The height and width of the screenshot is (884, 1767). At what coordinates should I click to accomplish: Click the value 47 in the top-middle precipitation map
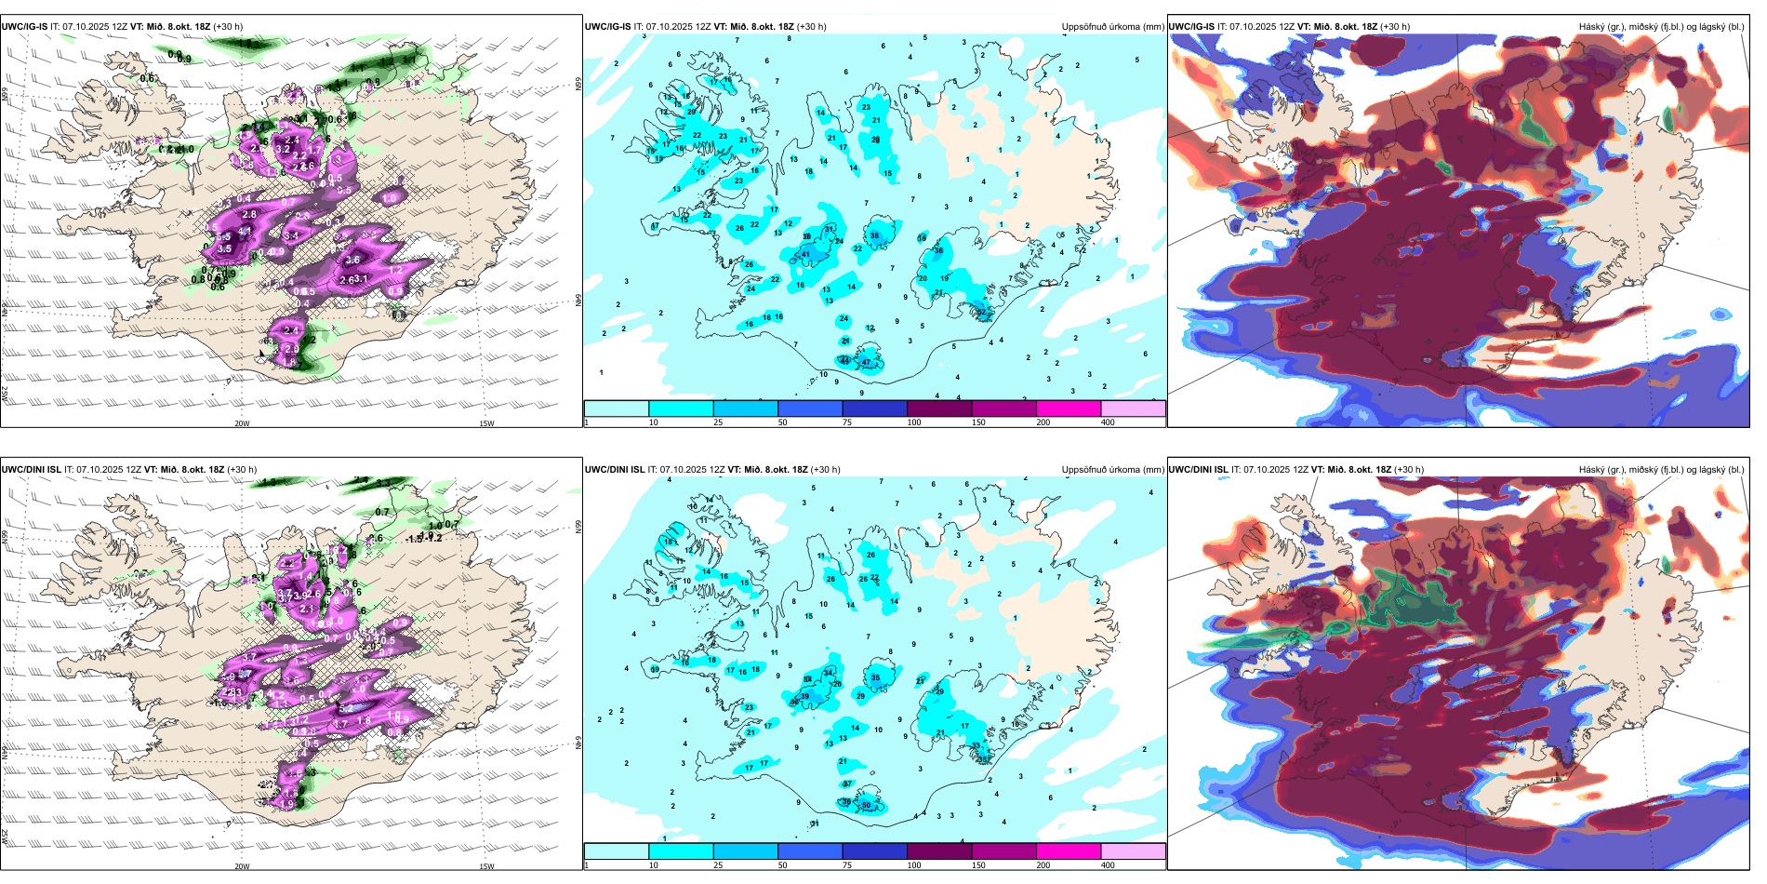[x=866, y=363]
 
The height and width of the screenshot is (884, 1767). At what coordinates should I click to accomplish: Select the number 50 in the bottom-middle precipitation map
[x=866, y=806]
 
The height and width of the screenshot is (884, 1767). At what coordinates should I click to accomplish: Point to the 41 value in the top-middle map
[x=805, y=255]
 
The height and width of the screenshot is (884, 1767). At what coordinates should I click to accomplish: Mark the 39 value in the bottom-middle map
[x=805, y=697]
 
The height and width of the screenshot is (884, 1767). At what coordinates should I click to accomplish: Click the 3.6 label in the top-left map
[x=353, y=261]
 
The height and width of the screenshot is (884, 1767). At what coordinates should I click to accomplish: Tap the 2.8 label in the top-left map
[x=249, y=215]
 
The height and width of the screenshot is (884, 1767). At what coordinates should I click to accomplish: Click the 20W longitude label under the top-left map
[x=242, y=423]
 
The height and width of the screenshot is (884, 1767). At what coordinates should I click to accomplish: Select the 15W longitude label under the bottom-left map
[x=486, y=866]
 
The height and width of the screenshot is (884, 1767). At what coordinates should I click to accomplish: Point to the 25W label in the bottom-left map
[x=5, y=837]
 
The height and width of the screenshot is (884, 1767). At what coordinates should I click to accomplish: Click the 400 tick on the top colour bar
[x=1108, y=422]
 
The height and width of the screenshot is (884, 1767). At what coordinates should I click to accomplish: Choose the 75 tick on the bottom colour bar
[x=846, y=865]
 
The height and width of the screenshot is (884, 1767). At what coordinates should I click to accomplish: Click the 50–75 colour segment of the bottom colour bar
[x=809, y=851]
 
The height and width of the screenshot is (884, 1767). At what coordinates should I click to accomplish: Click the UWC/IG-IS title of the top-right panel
[x=1191, y=27]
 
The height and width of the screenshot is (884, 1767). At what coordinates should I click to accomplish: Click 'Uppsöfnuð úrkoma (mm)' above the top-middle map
[x=1112, y=27]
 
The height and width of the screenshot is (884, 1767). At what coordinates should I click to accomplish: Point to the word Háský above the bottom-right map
[x=1592, y=470]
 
